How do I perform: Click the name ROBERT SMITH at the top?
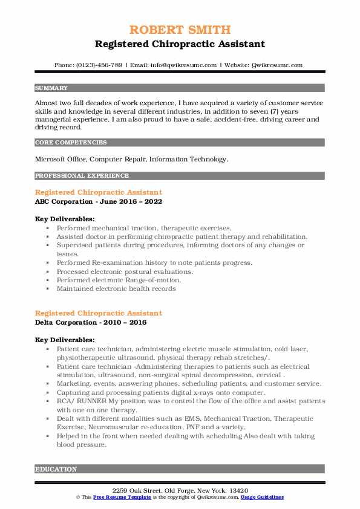pyautogui.click(x=180, y=30)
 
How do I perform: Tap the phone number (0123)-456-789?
pyautogui.click(x=100, y=65)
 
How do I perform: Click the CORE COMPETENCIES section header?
pyautogui.click(x=70, y=143)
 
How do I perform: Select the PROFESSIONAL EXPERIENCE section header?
pyautogui.click(x=82, y=176)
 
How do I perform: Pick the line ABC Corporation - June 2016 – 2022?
pyautogui.click(x=99, y=201)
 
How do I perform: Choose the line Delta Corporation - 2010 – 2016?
pyautogui.click(x=91, y=323)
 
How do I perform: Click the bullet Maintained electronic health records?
pyautogui.click(x=116, y=288)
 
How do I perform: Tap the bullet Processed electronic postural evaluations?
pyautogui.click(x=125, y=271)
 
